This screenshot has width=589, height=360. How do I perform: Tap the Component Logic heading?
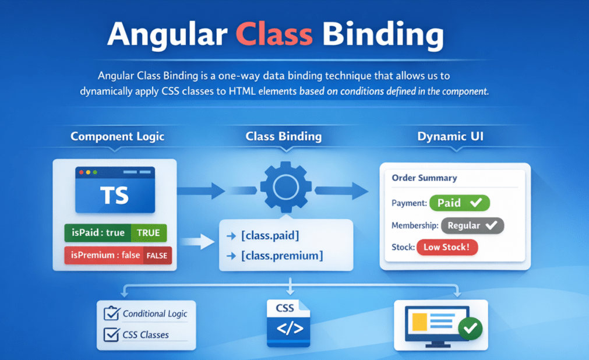click(117, 137)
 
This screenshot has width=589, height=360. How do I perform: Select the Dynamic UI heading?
click(450, 137)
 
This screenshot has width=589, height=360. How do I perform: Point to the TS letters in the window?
click(115, 195)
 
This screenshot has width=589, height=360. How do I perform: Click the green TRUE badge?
click(148, 232)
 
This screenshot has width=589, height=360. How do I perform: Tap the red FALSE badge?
click(157, 255)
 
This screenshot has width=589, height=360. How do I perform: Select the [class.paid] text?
click(270, 236)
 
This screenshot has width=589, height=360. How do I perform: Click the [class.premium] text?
click(282, 255)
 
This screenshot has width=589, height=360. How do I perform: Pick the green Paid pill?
click(459, 203)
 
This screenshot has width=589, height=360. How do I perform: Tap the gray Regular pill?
click(472, 225)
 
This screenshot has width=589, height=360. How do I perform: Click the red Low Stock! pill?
click(447, 247)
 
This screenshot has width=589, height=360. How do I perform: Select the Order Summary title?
click(424, 178)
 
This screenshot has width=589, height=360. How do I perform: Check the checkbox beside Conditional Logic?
click(111, 313)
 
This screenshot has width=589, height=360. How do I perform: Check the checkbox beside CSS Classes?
click(111, 334)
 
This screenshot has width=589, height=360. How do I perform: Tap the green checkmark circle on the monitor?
click(470, 329)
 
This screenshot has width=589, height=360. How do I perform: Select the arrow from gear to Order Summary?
click(342, 190)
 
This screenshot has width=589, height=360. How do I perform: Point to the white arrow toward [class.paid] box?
click(199, 241)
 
